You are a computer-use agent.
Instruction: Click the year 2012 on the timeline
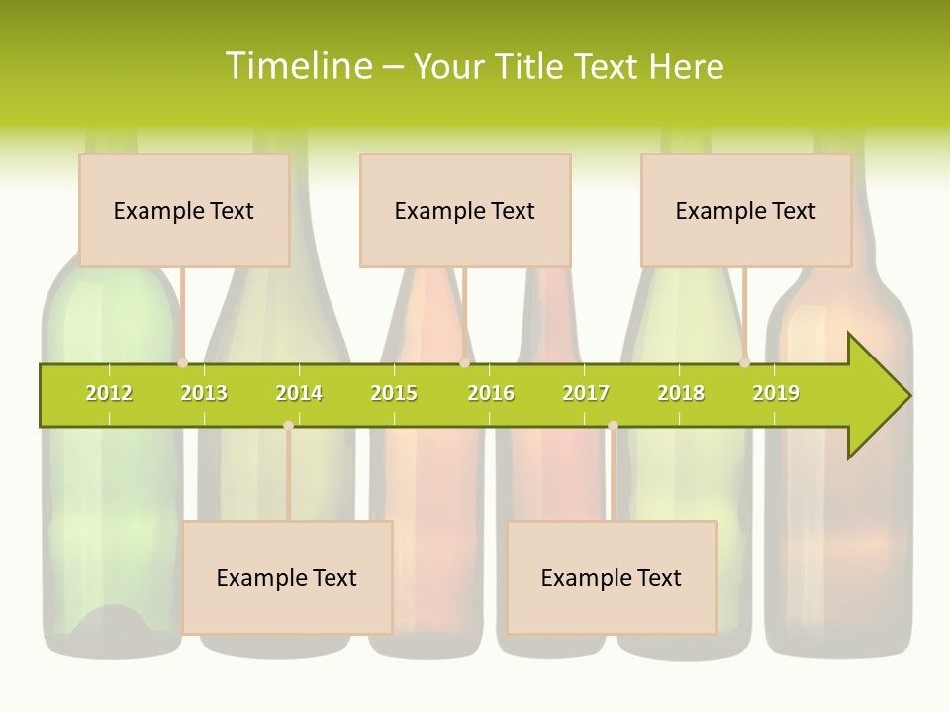(109, 393)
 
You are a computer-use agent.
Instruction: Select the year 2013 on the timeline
(204, 393)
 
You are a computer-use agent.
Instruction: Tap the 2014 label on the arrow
(299, 393)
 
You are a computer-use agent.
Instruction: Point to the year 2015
(394, 393)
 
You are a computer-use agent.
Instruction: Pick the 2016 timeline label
(491, 393)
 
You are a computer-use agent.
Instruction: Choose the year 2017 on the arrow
(586, 393)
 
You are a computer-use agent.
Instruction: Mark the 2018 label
(681, 393)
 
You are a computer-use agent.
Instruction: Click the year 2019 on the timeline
(776, 393)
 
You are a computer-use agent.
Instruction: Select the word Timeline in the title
(298, 66)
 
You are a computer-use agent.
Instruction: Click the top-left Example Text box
(184, 210)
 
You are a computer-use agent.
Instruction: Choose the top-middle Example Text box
(465, 210)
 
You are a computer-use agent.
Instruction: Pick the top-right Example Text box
(746, 210)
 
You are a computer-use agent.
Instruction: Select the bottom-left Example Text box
(287, 577)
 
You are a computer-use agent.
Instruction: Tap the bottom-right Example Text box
(612, 577)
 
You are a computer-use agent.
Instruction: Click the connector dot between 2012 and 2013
(182, 363)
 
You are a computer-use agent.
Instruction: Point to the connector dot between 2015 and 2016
(464, 363)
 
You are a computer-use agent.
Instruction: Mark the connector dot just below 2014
(288, 425)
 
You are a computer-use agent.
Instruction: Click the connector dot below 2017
(613, 425)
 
